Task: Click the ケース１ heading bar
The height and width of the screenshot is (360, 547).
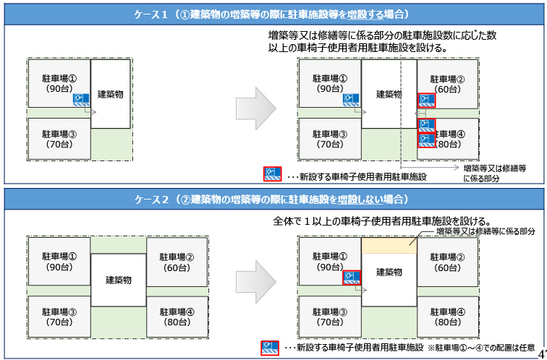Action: (273, 14)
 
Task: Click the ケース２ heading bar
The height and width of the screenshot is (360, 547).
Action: (273, 199)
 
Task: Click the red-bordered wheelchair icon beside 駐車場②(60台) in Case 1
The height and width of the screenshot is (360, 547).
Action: (426, 100)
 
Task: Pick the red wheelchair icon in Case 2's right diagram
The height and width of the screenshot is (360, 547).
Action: (352, 278)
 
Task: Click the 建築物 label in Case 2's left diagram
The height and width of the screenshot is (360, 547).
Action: (119, 280)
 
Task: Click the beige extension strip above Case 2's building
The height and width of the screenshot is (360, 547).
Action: (388, 246)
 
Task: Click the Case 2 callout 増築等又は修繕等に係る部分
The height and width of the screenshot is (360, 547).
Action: (485, 231)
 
